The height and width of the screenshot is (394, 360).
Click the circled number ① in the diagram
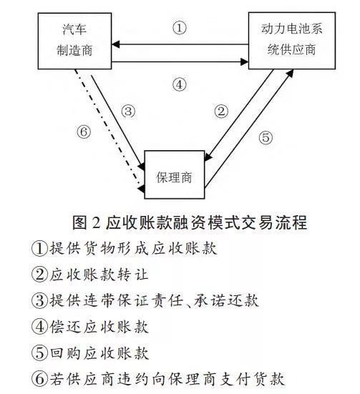(x=180, y=28)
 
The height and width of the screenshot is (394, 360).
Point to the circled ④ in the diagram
(x=180, y=84)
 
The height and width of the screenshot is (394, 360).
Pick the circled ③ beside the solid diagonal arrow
(x=128, y=111)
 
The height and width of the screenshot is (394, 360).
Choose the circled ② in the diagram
(x=221, y=112)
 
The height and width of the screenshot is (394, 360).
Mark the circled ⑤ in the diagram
(x=266, y=138)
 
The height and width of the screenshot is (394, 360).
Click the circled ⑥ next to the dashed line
(x=84, y=132)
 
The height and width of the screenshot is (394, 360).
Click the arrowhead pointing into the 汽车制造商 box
(x=116, y=44)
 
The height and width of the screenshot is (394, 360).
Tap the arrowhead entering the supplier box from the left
(x=245, y=61)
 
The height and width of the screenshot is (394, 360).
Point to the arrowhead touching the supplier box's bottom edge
(x=290, y=73)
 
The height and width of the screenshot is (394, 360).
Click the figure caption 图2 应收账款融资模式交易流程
(x=190, y=222)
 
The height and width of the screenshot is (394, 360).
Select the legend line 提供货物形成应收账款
(x=124, y=249)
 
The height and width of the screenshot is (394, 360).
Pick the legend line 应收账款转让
(x=89, y=275)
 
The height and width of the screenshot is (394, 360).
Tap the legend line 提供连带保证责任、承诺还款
(x=145, y=300)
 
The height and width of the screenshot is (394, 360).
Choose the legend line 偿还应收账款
(x=89, y=327)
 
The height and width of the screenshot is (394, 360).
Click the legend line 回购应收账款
(x=89, y=353)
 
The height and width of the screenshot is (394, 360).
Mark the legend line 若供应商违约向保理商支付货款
(x=158, y=379)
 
